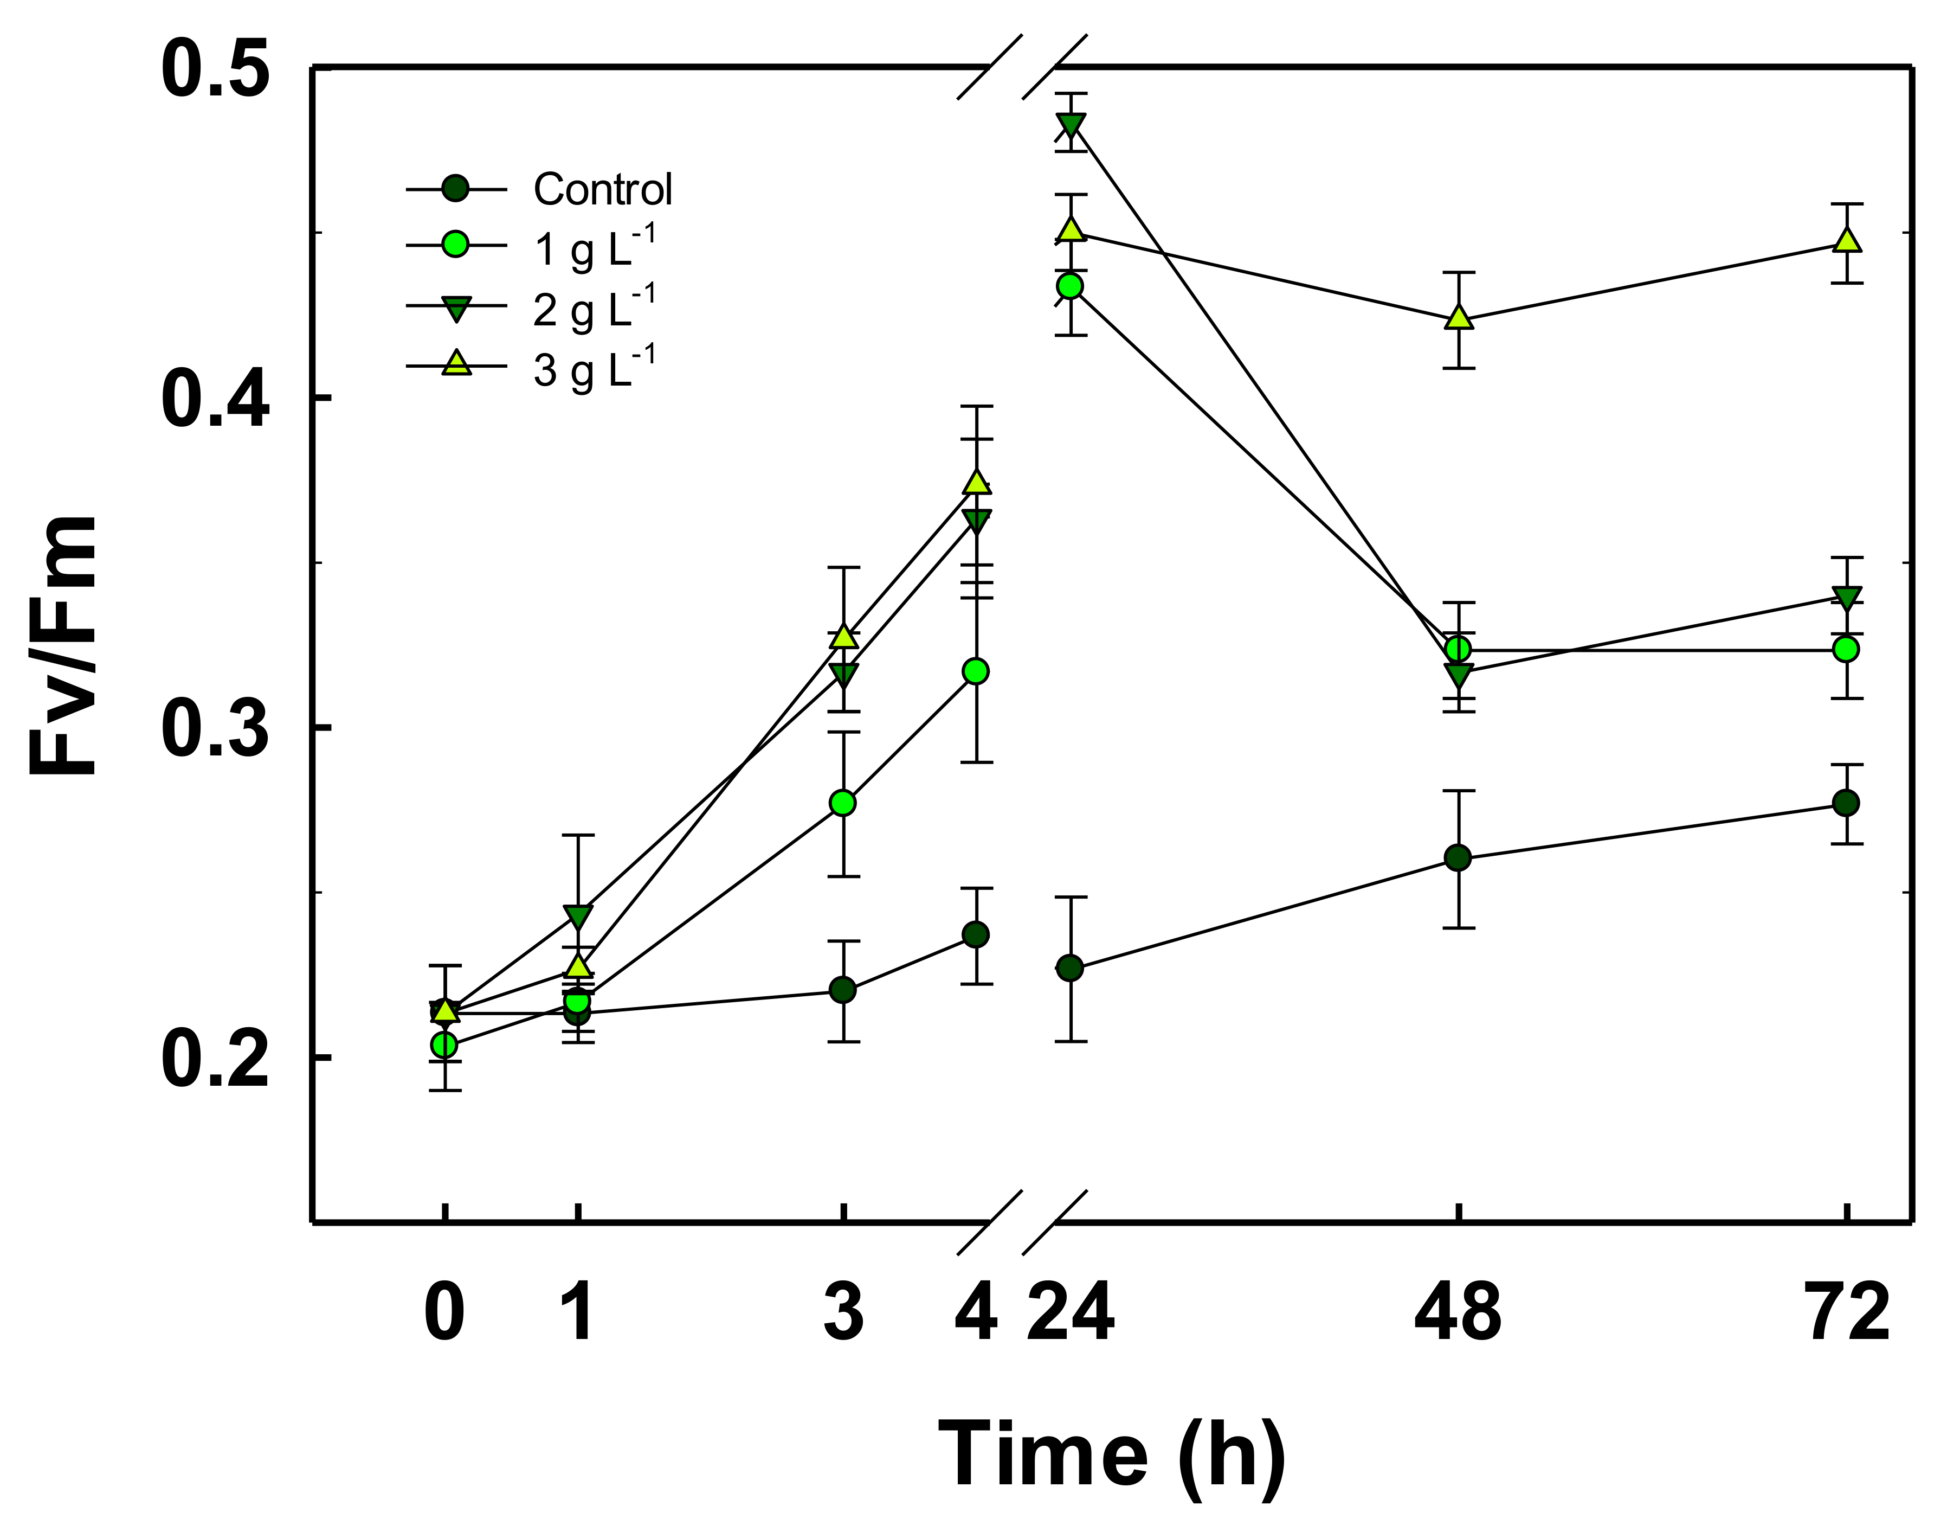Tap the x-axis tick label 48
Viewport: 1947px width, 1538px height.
click(1458, 1314)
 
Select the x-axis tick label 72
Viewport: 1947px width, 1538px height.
click(1847, 1314)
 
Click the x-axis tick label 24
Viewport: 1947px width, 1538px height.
click(1071, 1314)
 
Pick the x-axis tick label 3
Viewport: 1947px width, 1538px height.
click(843, 1314)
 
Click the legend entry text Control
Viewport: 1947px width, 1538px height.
click(602, 190)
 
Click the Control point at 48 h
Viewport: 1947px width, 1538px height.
click(1458, 858)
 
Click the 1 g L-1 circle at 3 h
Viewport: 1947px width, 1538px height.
click(842, 803)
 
